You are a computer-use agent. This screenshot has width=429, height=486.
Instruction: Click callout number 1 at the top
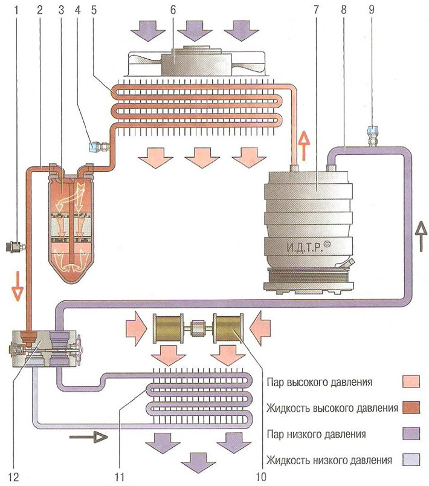tap(16, 10)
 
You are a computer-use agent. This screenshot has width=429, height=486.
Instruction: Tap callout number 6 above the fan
tap(173, 10)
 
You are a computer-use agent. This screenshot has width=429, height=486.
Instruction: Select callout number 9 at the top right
tap(372, 10)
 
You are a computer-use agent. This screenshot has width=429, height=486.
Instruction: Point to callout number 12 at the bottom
tap(14, 477)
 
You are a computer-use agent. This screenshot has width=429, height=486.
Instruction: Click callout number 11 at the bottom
tap(119, 477)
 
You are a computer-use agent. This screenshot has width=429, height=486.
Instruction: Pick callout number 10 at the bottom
tap(261, 477)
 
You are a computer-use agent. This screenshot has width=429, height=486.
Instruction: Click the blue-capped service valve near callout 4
tap(98, 146)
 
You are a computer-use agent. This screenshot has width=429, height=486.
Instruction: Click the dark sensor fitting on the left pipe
tap(15, 247)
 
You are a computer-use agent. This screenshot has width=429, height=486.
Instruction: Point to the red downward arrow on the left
tap(18, 286)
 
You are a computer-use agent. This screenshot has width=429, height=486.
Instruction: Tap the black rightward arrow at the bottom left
tap(88, 437)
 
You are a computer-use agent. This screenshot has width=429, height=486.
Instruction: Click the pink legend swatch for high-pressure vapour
tap(411, 381)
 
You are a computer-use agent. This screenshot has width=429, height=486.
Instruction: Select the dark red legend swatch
tap(411, 407)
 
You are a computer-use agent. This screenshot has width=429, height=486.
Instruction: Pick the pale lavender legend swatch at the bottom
tap(411, 459)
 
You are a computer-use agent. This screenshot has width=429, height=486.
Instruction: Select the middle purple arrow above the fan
tap(195, 31)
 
